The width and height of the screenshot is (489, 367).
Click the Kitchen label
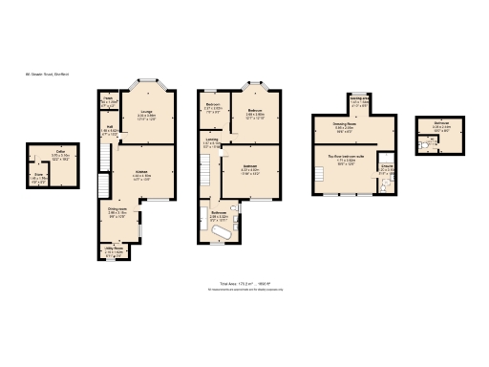tap(141, 174)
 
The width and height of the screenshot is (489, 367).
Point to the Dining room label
tap(117, 213)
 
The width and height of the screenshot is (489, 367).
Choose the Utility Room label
tap(114, 251)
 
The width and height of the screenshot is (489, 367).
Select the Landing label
tap(211, 145)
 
